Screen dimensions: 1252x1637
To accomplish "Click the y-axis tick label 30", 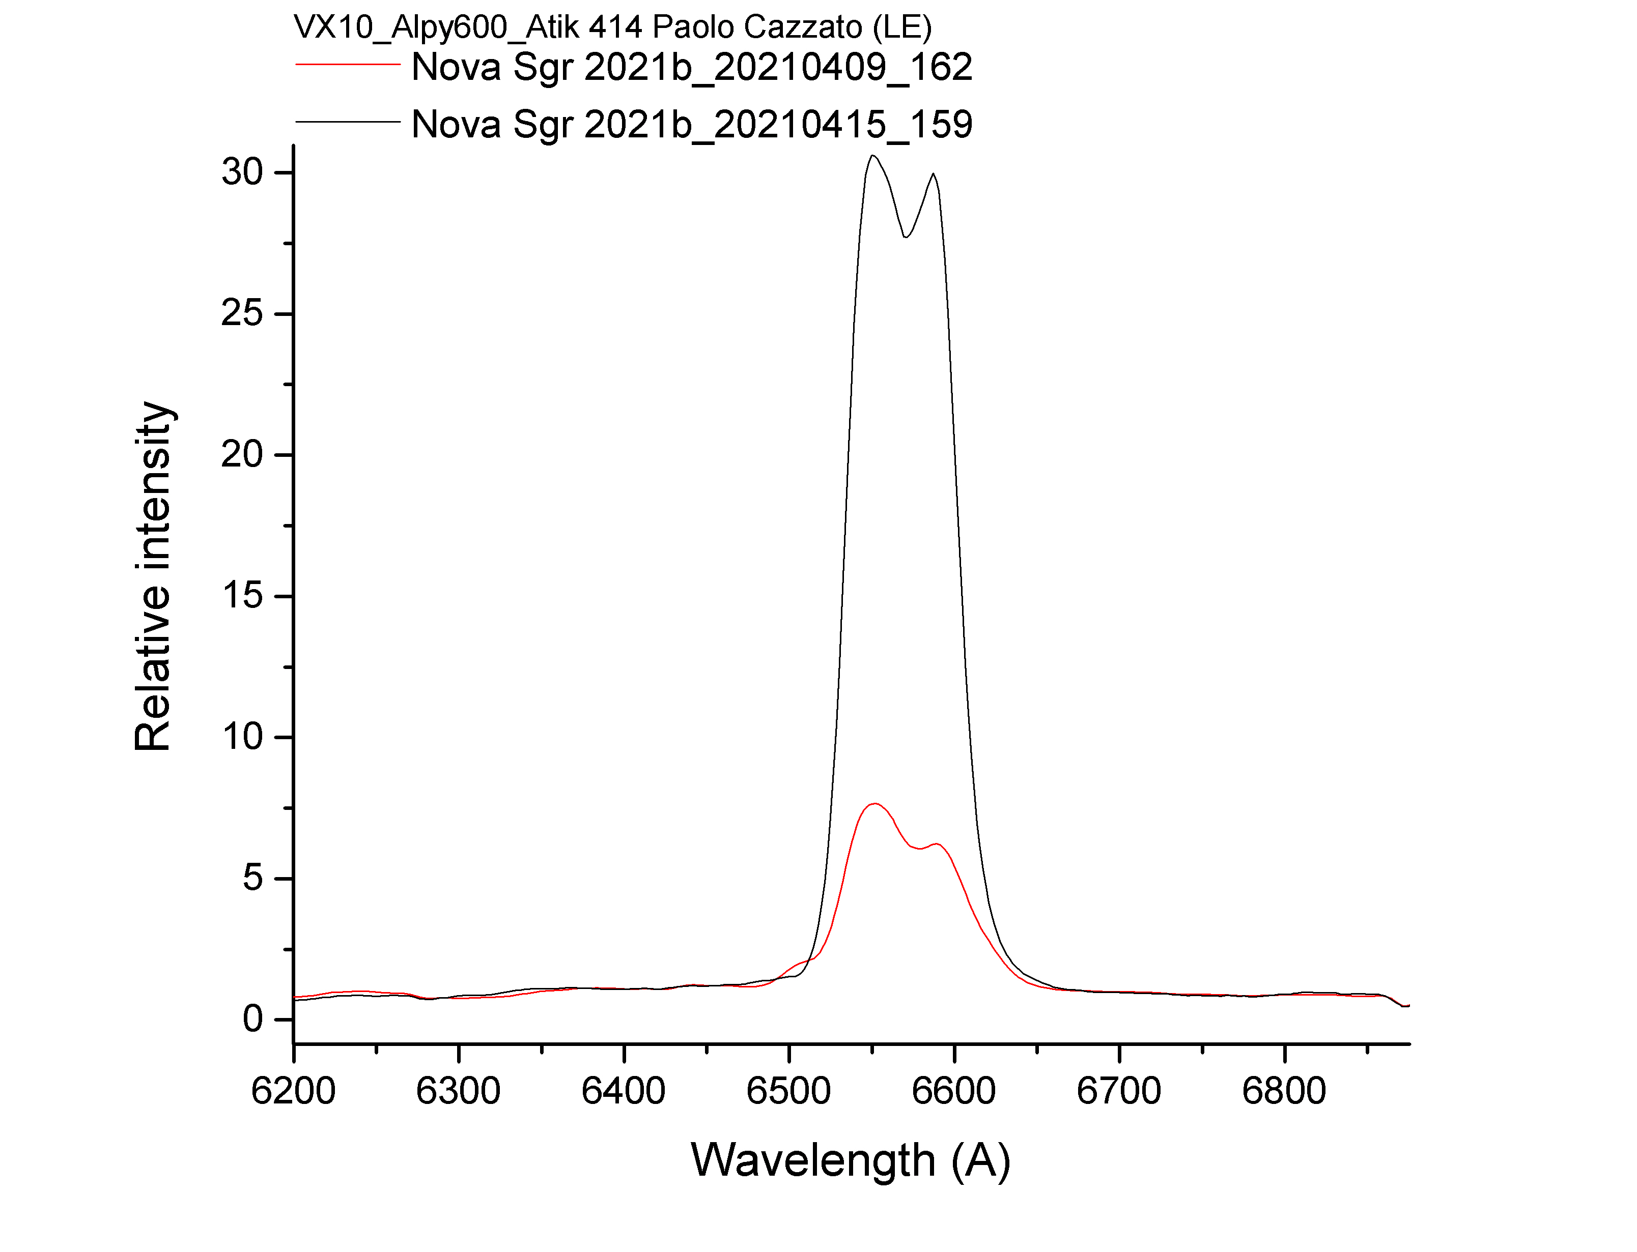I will (242, 172).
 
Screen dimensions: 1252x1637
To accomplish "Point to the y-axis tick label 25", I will (242, 313).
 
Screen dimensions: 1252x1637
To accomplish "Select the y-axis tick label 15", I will (242, 595).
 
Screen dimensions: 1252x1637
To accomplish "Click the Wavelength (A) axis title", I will (851, 1160).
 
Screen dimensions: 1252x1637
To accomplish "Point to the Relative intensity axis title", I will (153, 576).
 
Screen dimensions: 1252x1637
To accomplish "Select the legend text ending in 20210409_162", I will (692, 67).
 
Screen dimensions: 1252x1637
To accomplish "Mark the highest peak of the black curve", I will (872, 156).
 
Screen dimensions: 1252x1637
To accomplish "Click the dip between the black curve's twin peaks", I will (906, 237).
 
